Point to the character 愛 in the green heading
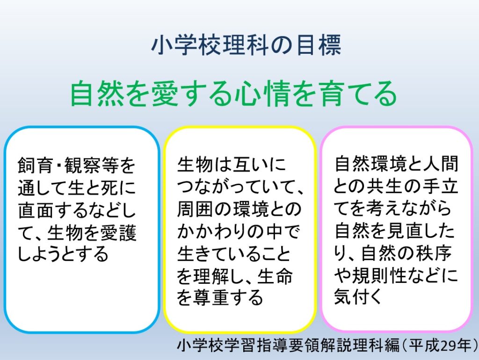[164, 94]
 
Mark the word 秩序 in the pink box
[434, 253]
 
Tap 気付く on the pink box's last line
[358, 297]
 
